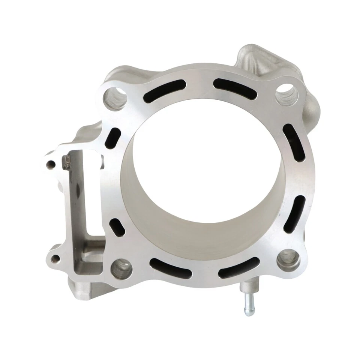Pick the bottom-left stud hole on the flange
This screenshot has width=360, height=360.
[x=121, y=268]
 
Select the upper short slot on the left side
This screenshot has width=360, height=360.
[x=115, y=138]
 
